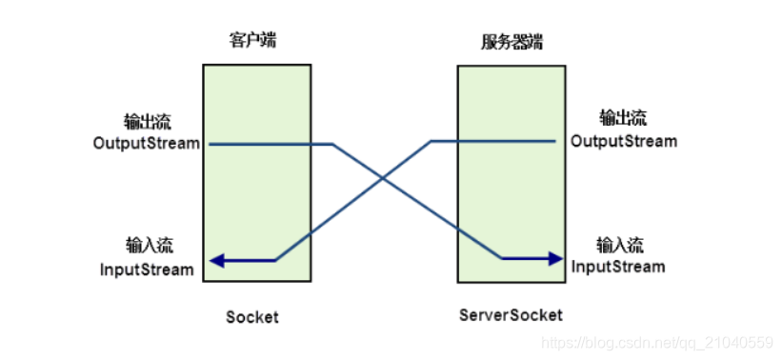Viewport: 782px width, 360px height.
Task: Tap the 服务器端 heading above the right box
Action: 511,42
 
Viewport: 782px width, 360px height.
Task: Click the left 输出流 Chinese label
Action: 147,122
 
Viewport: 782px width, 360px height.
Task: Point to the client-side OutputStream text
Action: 147,144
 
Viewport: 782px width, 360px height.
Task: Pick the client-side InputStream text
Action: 147,269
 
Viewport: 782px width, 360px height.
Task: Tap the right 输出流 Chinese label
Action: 622,119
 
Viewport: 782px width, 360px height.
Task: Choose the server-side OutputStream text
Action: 624,141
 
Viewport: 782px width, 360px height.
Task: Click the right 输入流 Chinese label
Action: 620,244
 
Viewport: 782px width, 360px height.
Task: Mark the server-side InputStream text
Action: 618,266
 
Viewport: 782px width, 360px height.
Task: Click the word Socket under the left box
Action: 252,317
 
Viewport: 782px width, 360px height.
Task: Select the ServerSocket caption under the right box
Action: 511,315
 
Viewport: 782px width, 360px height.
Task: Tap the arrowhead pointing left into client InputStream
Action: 217,260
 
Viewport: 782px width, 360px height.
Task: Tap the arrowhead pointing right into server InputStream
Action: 555,258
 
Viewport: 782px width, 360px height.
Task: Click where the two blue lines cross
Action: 383,178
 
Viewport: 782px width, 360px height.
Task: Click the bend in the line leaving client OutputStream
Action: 332,145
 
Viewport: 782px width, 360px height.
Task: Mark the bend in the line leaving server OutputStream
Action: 431,142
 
